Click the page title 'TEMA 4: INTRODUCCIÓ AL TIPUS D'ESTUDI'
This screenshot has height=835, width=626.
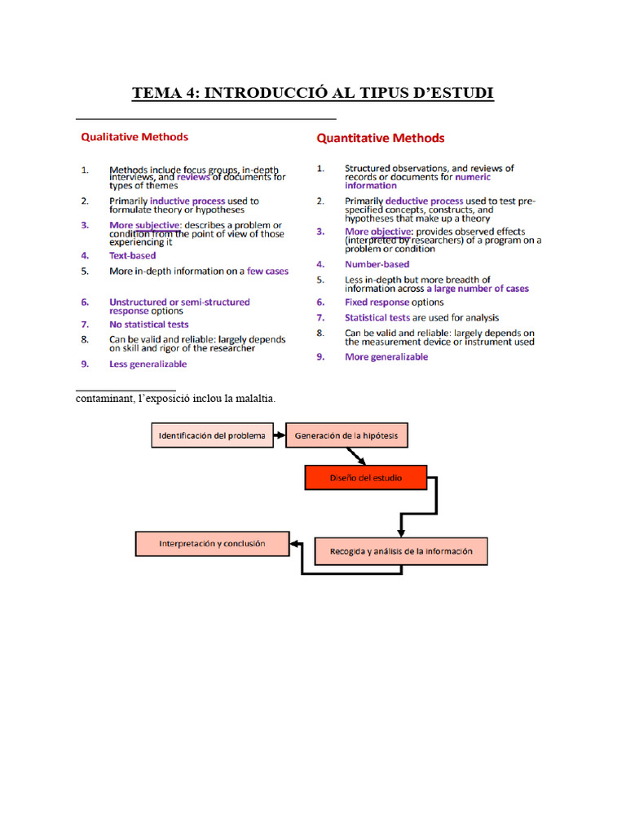pyautogui.click(x=313, y=93)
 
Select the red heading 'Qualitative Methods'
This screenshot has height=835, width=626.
pyautogui.click(x=134, y=137)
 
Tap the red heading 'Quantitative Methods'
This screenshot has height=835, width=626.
pyautogui.click(x=381, y=138)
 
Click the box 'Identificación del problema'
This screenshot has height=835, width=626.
pyautogui.click(x=212, y=435)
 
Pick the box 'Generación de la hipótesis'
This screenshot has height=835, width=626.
pyautogui.click(x=346, y=435)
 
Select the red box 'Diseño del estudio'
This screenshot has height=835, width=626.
pyautogui.click(x=365, y=478)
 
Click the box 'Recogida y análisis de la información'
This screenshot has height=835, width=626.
pyautogui.click(x=400, y=551)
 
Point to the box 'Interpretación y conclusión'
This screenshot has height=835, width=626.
pyautogui.click(x=212, y=543)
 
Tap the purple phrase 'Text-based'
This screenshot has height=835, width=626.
pyautogui.click(x=132, y=255)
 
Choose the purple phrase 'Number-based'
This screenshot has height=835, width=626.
pyautogui.click(x=377, y=264)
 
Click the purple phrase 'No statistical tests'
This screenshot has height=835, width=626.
pyautogui.click(x=148, y=325)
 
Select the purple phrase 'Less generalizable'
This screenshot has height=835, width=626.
pyautogui.click(x=148, y=364)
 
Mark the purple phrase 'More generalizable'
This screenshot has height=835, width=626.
pyautogui.click(x=386, y=357)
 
